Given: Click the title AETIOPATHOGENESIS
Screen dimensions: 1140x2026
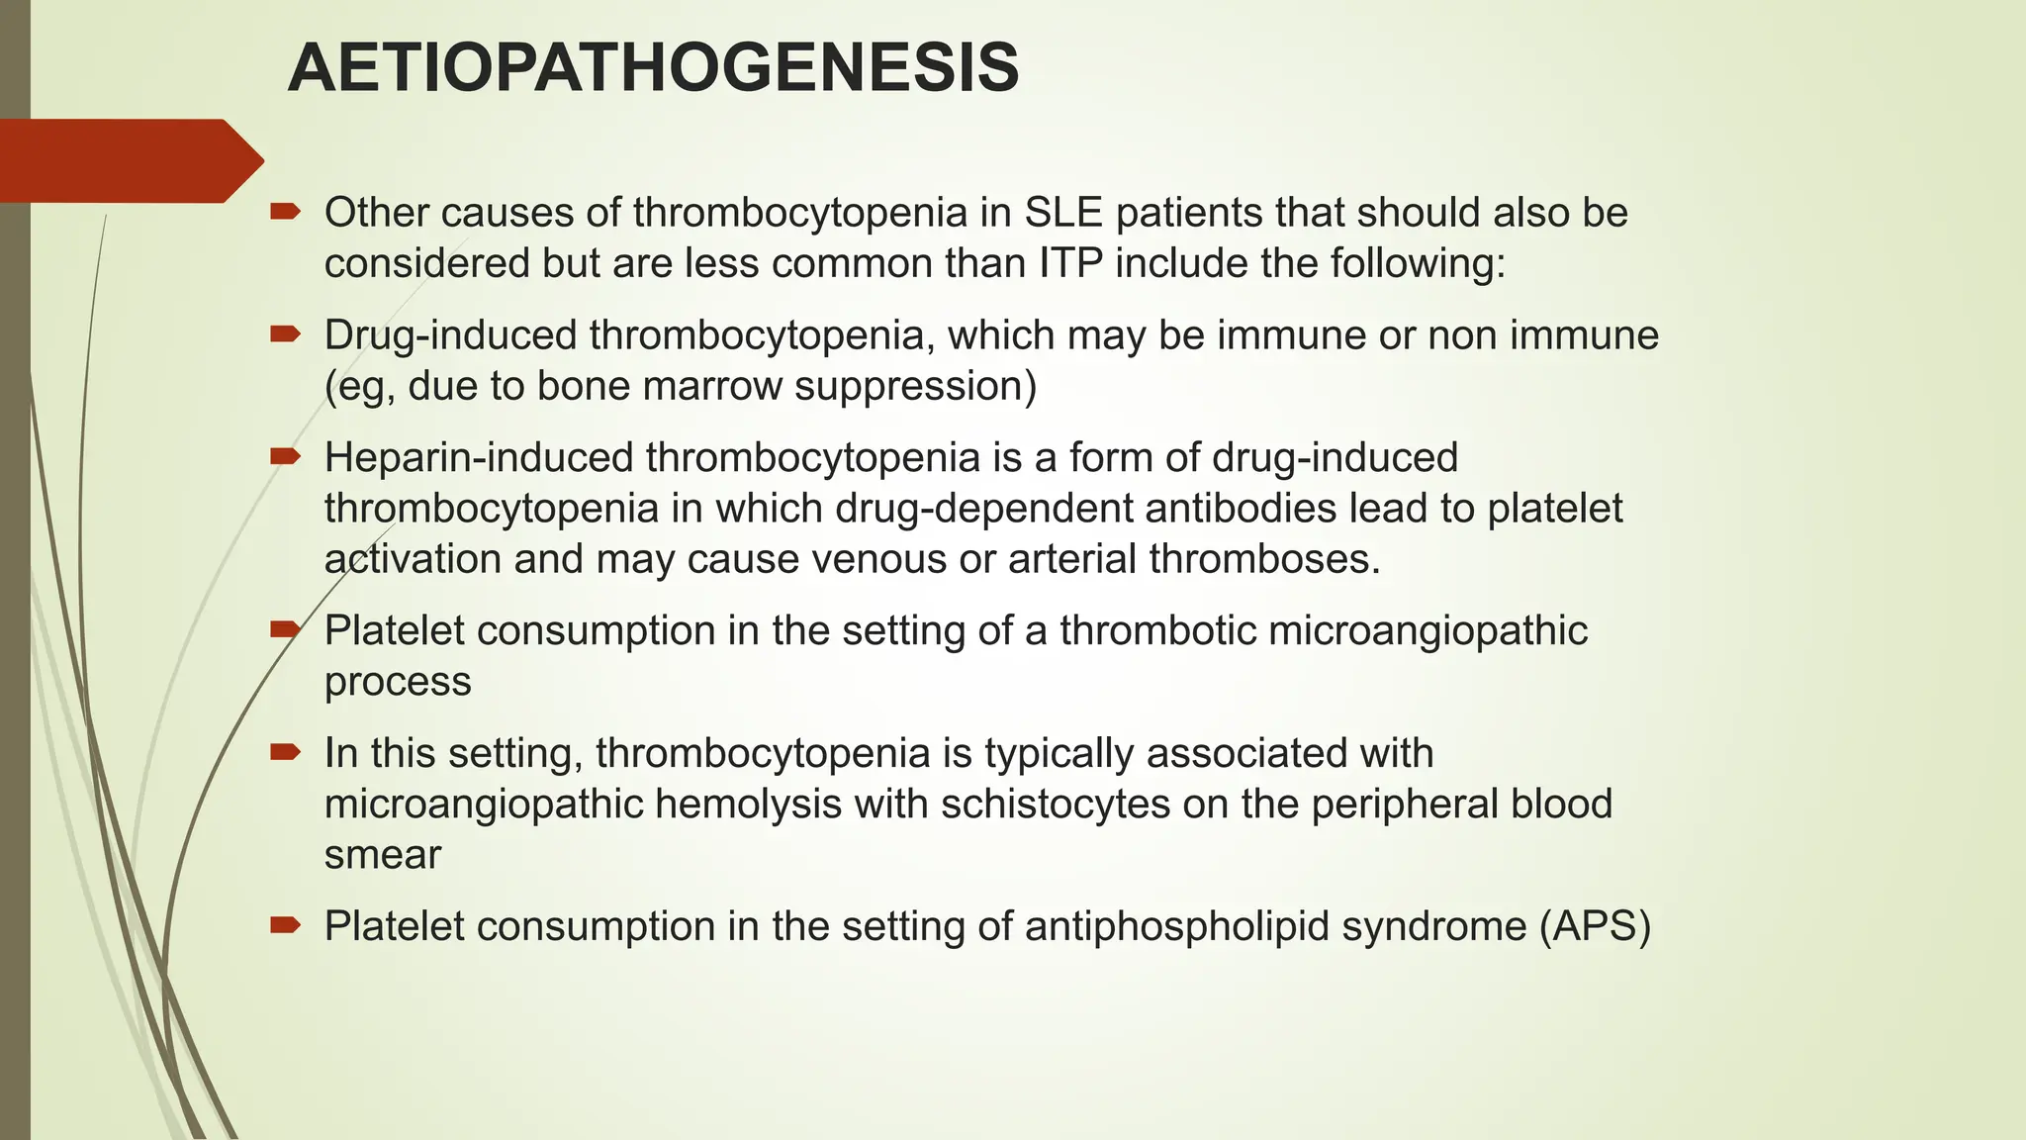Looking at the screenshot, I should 653,68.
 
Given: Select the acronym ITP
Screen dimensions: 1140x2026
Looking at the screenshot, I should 1070,263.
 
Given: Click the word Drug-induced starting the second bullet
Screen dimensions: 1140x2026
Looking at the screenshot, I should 451,335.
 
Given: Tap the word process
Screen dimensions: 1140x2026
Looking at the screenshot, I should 398,682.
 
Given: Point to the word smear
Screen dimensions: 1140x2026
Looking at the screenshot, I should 382,854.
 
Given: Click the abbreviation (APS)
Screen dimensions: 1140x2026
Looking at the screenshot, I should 1595,926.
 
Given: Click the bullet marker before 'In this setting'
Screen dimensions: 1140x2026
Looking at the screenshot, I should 285,753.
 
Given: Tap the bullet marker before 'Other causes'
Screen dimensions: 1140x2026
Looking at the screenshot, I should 285,212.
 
